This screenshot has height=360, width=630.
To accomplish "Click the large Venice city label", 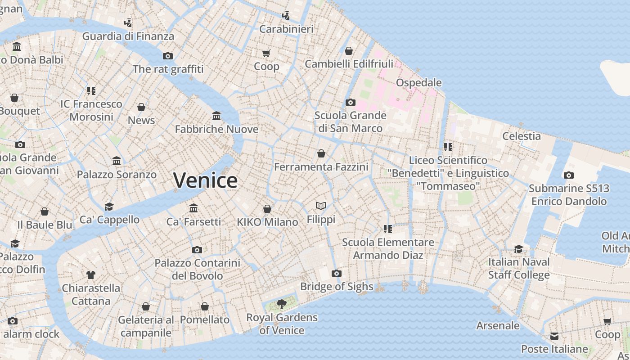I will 205,180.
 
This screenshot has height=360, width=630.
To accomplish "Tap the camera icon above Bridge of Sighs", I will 336,273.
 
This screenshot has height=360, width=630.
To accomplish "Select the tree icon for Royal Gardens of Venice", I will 282,304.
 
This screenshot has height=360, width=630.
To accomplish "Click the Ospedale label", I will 418,83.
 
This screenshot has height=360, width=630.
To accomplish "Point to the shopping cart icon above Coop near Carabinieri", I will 266,53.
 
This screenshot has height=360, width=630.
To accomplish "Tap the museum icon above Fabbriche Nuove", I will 216,116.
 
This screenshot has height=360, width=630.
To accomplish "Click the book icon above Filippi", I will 321,206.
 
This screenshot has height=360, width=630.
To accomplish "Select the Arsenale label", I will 498,325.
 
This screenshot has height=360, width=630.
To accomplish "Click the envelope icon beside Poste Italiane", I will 554,336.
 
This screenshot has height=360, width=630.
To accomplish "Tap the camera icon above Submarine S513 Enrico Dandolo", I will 569,175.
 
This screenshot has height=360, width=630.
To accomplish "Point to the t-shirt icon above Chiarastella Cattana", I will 91,274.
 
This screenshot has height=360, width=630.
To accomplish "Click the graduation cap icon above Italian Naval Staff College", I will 519,249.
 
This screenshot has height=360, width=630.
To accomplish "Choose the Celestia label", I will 522,136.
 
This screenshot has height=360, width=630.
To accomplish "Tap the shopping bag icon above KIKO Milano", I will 267,209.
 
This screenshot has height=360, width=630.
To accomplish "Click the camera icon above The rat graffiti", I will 168,56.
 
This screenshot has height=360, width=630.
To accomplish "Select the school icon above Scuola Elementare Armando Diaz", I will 388,229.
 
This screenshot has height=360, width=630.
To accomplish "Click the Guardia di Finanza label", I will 128,36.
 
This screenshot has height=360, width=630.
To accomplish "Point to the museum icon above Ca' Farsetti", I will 193,208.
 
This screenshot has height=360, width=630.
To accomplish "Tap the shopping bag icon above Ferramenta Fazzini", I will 321,153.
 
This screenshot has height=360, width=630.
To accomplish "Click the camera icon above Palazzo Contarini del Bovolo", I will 197,250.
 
